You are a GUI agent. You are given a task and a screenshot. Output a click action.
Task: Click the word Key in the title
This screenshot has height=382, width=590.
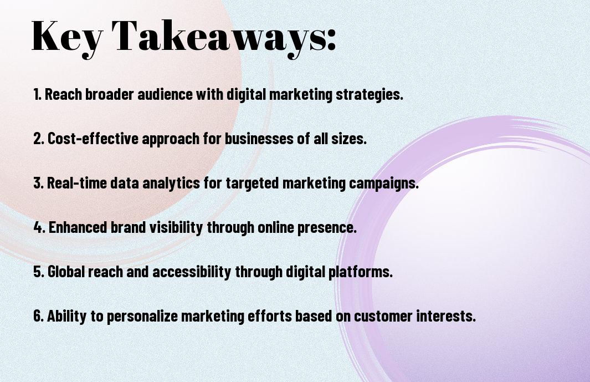pyautogui.click(x=67, y=37)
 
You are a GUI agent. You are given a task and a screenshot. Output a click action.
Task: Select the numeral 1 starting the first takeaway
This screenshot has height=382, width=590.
pyautogui.click(x=37, y=94)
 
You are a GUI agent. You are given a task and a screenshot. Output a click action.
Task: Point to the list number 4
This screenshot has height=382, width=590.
pyautogui.click(x=39, y=227)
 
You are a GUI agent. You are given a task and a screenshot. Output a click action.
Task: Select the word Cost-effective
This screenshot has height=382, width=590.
pyautogui.click(x=93, y=138)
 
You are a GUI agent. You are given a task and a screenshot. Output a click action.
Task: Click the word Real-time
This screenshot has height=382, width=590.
pyautogui.click(x=77, y=183)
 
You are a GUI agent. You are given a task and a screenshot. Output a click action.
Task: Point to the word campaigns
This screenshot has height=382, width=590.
pyautogui.click(x=384, y=184)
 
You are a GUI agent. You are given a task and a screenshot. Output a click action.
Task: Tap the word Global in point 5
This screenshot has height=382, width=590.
pyautogui.click(x=66, y=271)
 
